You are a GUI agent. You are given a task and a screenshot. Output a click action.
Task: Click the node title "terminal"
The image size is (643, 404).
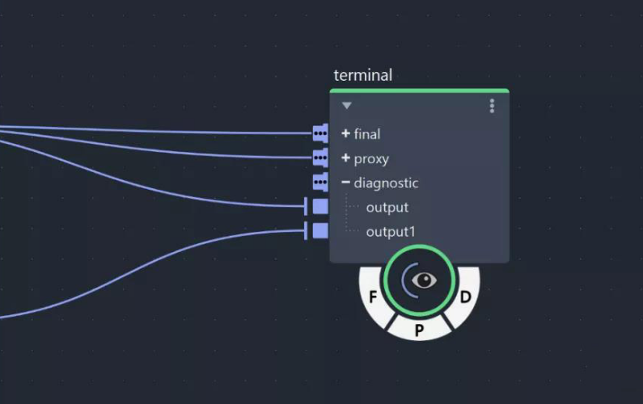pyautogui.click(x=362, y=75)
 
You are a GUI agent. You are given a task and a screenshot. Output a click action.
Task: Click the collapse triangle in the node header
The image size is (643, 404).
pyautogui.click(x=347, y=106)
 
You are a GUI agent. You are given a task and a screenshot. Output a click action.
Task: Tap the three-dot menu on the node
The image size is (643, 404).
pyautogui.click(x=492, y=106)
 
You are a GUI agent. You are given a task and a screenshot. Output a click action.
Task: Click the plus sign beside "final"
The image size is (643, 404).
pyautogui.click(x=346, y=133)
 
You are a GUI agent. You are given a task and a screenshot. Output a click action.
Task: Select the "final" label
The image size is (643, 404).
pyautogui.click(x=367, y=134)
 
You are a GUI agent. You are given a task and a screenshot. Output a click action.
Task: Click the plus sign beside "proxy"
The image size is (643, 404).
pyautogui.click(x=346, y=158)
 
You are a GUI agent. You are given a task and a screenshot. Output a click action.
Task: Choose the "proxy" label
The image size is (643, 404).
pyautogui.click(x=371, y=158)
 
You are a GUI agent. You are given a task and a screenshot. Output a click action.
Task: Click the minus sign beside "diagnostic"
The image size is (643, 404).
pyautogui.click(x=346, y=183)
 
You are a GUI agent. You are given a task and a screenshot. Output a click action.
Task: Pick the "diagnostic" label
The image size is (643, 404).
pyautogui.click(x=386, y=183)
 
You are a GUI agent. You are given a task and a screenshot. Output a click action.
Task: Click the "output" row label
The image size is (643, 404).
pyautogui.click(x=387, y=208)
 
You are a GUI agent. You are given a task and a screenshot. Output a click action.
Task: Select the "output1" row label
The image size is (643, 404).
pyautogui.click(x=391, y=232)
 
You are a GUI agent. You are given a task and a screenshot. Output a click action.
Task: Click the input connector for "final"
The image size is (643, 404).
pyautogui.click(x=321, y=133)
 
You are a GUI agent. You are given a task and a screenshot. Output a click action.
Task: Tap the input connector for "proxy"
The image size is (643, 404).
pyautogui.click(x=321, y=157)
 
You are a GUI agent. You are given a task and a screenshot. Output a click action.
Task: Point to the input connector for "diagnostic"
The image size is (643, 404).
pyautogui.click(x=321, y=181)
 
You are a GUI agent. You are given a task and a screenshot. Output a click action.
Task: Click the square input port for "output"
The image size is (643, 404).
pyautogui.click(x=320, y=206)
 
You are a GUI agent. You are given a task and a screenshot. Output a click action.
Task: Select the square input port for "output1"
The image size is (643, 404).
pyautogui.click(x=320, y=230)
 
